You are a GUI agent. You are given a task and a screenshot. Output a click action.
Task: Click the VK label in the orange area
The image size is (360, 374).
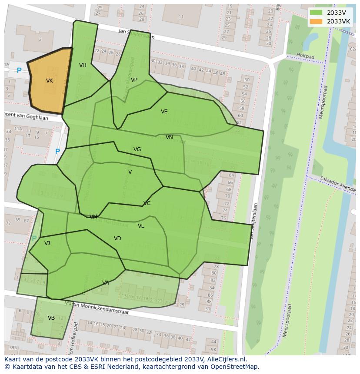tap(50, 81)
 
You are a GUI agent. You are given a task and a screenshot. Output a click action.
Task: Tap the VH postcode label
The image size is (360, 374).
tap(83, 65)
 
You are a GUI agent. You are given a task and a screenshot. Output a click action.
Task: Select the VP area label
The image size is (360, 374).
tap(134, 80)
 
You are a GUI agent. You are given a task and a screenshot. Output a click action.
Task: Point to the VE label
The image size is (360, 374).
tap(164, 112)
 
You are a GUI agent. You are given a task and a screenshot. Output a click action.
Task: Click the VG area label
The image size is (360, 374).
tap(137, 149)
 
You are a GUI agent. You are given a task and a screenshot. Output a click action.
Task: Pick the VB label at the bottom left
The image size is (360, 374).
tap(51, 318)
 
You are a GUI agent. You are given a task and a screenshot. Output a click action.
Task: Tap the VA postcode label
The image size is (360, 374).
tap(106, 283)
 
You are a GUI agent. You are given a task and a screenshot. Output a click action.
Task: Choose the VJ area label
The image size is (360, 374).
tap(47, 243)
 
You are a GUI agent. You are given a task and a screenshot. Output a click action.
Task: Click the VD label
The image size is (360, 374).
tap(117, 238)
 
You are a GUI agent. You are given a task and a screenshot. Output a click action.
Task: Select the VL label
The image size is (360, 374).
tap(141, 226)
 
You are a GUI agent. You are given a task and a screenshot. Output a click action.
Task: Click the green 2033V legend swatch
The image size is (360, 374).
tap(317, 13)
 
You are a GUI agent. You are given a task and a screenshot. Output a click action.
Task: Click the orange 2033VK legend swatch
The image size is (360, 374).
tap(317, 21)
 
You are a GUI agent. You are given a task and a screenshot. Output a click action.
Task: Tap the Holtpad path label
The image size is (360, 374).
tap(305, 56)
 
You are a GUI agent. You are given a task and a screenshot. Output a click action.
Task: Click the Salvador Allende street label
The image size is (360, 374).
tap(337, 182)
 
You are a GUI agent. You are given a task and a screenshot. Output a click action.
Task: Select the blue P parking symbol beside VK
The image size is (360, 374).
tap(19, 70)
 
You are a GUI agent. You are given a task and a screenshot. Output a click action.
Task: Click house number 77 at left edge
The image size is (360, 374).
tap(8, 224)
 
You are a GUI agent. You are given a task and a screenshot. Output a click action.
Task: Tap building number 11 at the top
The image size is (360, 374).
tap(181, 17)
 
